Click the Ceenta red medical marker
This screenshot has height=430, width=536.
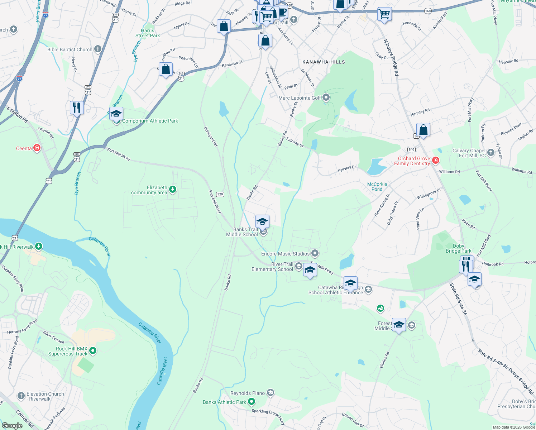click(37, 148)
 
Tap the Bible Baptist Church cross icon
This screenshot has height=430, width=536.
click(98, 49)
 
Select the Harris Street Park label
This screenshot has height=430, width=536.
click(148, 33)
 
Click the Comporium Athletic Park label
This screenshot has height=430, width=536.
click(150, 121)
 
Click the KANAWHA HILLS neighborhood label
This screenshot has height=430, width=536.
click(324, 62)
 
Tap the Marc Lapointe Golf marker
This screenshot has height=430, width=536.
click(326, 97)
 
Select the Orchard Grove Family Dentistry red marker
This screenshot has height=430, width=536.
click(436, 161)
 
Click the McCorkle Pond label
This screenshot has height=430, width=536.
click(377, 187)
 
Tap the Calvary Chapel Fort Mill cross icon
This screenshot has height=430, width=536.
click(491, 153)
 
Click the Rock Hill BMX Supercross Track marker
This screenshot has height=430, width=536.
click(93, 350)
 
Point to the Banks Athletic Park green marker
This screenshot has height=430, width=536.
click(252, 402)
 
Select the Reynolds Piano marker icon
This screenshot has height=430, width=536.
click(271, 393)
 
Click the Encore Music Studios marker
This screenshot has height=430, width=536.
click(315, 254)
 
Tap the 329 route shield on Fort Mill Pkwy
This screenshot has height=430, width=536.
click(220, 194)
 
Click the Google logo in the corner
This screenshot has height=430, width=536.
click(12, 425)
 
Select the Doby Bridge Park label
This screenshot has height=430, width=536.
click(458, 248)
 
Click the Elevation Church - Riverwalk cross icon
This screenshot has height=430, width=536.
click(21, 396)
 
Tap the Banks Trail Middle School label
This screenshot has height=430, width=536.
click(242, 232)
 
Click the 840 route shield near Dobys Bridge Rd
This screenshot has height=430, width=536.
click(411, 149)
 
